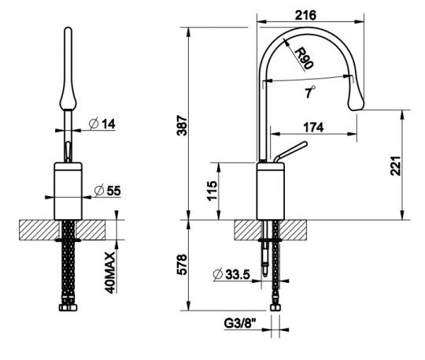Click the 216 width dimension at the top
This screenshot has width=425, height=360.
pos(309,14)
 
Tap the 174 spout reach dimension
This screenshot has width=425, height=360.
pos(312,127)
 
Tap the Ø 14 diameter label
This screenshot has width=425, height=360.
pos(103,124)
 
